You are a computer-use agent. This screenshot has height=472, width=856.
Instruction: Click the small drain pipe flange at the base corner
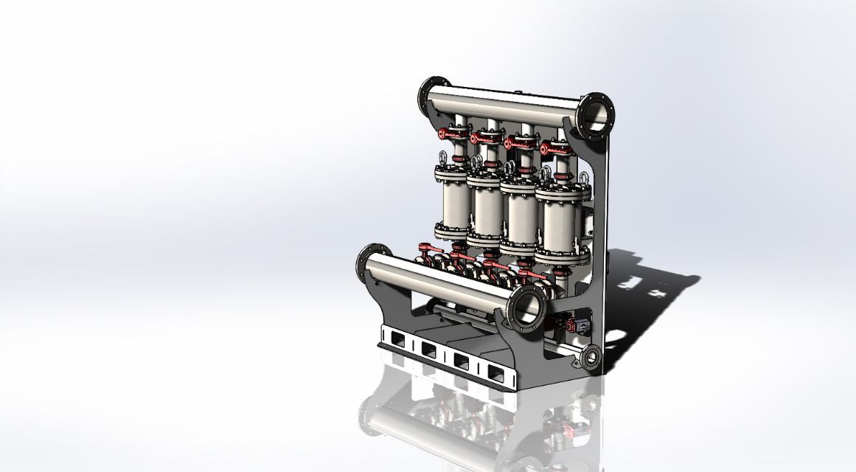(591, 358)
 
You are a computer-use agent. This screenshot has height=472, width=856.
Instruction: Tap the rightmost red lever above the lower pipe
(529, 272)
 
